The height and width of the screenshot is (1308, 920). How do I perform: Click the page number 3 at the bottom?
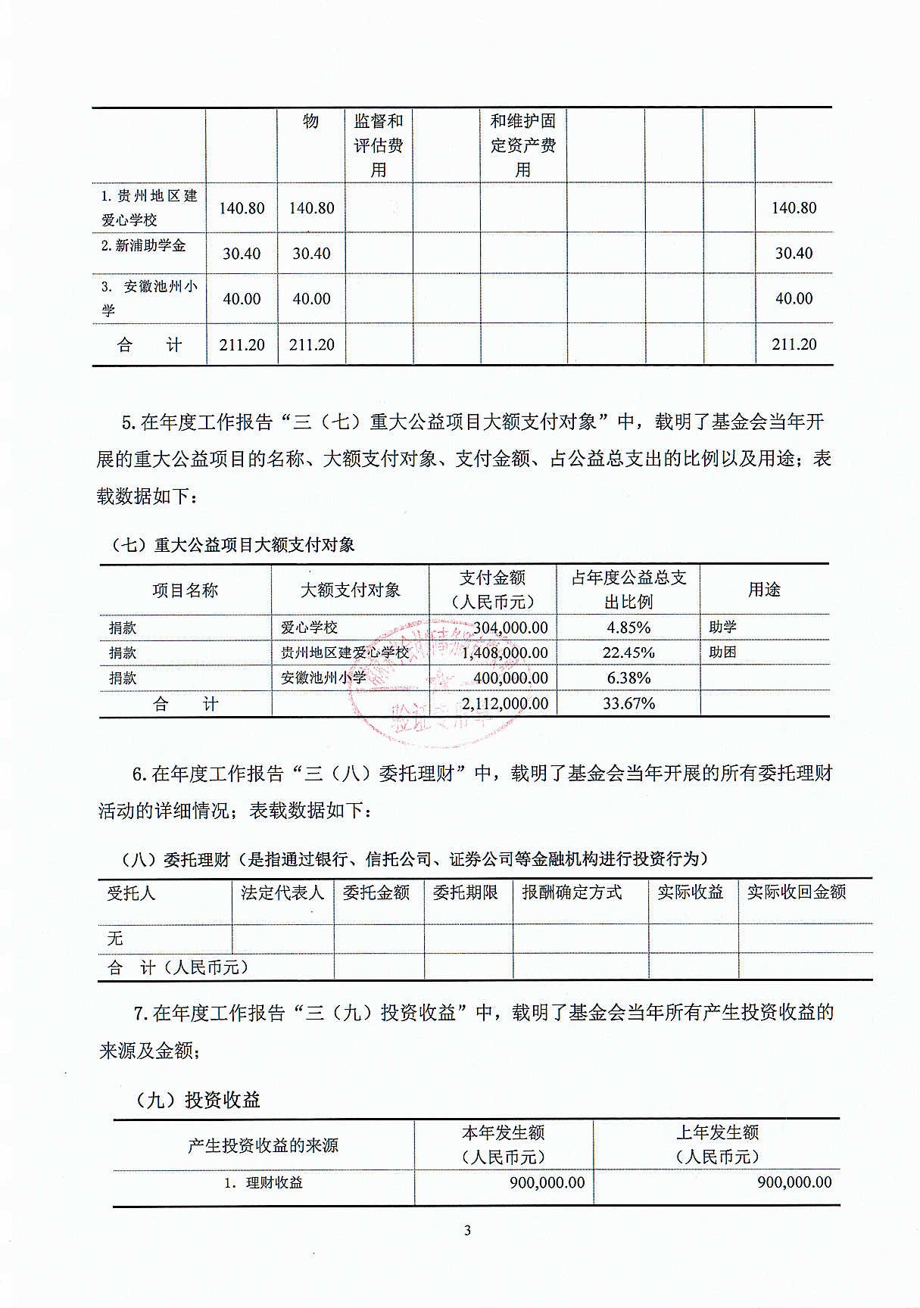(x=467, y=1230)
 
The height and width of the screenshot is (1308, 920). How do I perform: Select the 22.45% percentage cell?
(x=628, y=652)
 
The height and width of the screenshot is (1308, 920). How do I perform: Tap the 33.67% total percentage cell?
(x=628, y=703)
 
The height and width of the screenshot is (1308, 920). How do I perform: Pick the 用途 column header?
(x=764, y=590)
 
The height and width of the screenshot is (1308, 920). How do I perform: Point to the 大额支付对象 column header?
(x=350, y=590)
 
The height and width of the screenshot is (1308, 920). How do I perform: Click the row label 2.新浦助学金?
(x=144, y=245)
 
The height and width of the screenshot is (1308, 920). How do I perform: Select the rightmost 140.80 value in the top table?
(x=794, y=208)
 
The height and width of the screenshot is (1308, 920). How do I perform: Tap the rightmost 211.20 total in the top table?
(x=794, y=344)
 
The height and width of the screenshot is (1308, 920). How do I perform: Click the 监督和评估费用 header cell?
(x=379, y=145)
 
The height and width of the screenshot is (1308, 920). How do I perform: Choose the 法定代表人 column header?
(x=282, y=892)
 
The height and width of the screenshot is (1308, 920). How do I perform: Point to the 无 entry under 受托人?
(x=115, y=939)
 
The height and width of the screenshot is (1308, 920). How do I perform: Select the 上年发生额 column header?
(x=717, y=1144)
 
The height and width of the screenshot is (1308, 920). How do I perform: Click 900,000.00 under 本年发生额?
(x=547, y=1182)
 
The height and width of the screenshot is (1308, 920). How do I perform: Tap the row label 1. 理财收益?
(x=264, y=1182)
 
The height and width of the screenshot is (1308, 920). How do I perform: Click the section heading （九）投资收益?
(x=198, y=1100)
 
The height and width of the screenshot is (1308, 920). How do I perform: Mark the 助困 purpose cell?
(x=722, y=652)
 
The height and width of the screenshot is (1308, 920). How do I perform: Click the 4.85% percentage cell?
(x=628, y=628)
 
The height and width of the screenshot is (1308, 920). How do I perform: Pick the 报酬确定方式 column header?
(x=572, y=892)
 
